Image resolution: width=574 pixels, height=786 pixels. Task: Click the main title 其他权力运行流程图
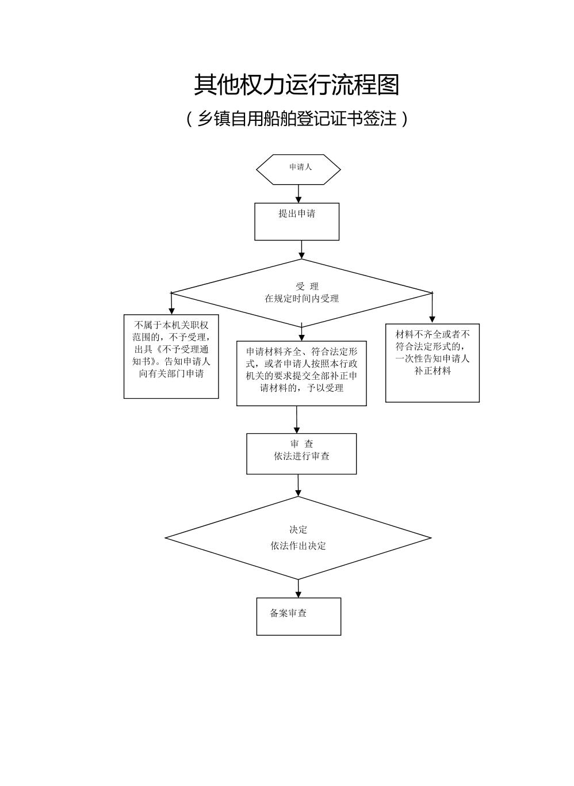click(x=296, y=85)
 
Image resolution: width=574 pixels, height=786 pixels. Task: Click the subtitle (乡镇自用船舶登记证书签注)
click(x=296, y=119)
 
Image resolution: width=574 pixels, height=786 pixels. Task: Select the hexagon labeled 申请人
click(x=299, y=169)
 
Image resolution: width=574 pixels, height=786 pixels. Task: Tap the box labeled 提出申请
click(x=297, y=221)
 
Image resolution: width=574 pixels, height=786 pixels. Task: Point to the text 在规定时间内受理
click(x=301, y=299)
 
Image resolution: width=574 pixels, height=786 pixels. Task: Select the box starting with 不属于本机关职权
click(x=171, y=356)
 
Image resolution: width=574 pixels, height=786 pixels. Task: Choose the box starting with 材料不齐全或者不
click(x=433, y=363)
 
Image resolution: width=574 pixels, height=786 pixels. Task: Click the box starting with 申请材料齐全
click(x=301, y=373)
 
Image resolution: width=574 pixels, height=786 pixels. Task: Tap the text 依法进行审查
click(x=301, y=456)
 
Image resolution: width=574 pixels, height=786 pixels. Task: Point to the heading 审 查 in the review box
click(x=301, y=444)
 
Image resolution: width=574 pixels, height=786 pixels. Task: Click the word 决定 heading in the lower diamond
click(x=299, y=530)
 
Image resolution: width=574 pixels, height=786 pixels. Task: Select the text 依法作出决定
click(x=299, y=545)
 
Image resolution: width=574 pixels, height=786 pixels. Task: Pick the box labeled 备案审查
click(x=299, y=616)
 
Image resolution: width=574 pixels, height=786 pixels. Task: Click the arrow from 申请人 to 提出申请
click(x=299, y=193)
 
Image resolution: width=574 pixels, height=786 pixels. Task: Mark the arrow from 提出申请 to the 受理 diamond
click(x=301, y=249)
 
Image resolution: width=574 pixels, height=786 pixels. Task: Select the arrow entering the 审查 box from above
click(x=297, y=419)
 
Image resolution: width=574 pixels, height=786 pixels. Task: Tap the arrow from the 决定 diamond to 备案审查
click(x=299, y=589)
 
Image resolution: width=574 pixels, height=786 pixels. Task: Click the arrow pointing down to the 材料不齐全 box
click(x=433, y=308)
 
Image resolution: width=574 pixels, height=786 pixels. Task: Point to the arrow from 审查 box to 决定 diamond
click(x=298, y=485)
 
